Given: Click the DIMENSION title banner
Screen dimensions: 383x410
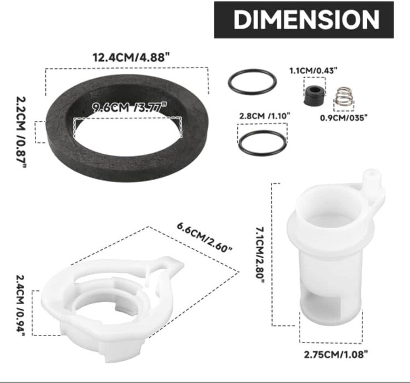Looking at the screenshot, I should point(303,20).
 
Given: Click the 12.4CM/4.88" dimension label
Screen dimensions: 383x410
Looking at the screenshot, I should point(127,57).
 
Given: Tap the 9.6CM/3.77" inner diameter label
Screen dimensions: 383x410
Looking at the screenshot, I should point(126,107).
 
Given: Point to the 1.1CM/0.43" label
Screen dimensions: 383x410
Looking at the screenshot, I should point(313,70).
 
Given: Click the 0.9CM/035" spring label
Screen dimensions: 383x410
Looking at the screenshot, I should point(343,117).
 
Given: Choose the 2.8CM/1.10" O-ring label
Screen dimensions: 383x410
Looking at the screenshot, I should point(265,115).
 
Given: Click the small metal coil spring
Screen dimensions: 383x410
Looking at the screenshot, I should point(343,97).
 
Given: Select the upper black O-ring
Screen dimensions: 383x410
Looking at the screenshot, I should point(252,82).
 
